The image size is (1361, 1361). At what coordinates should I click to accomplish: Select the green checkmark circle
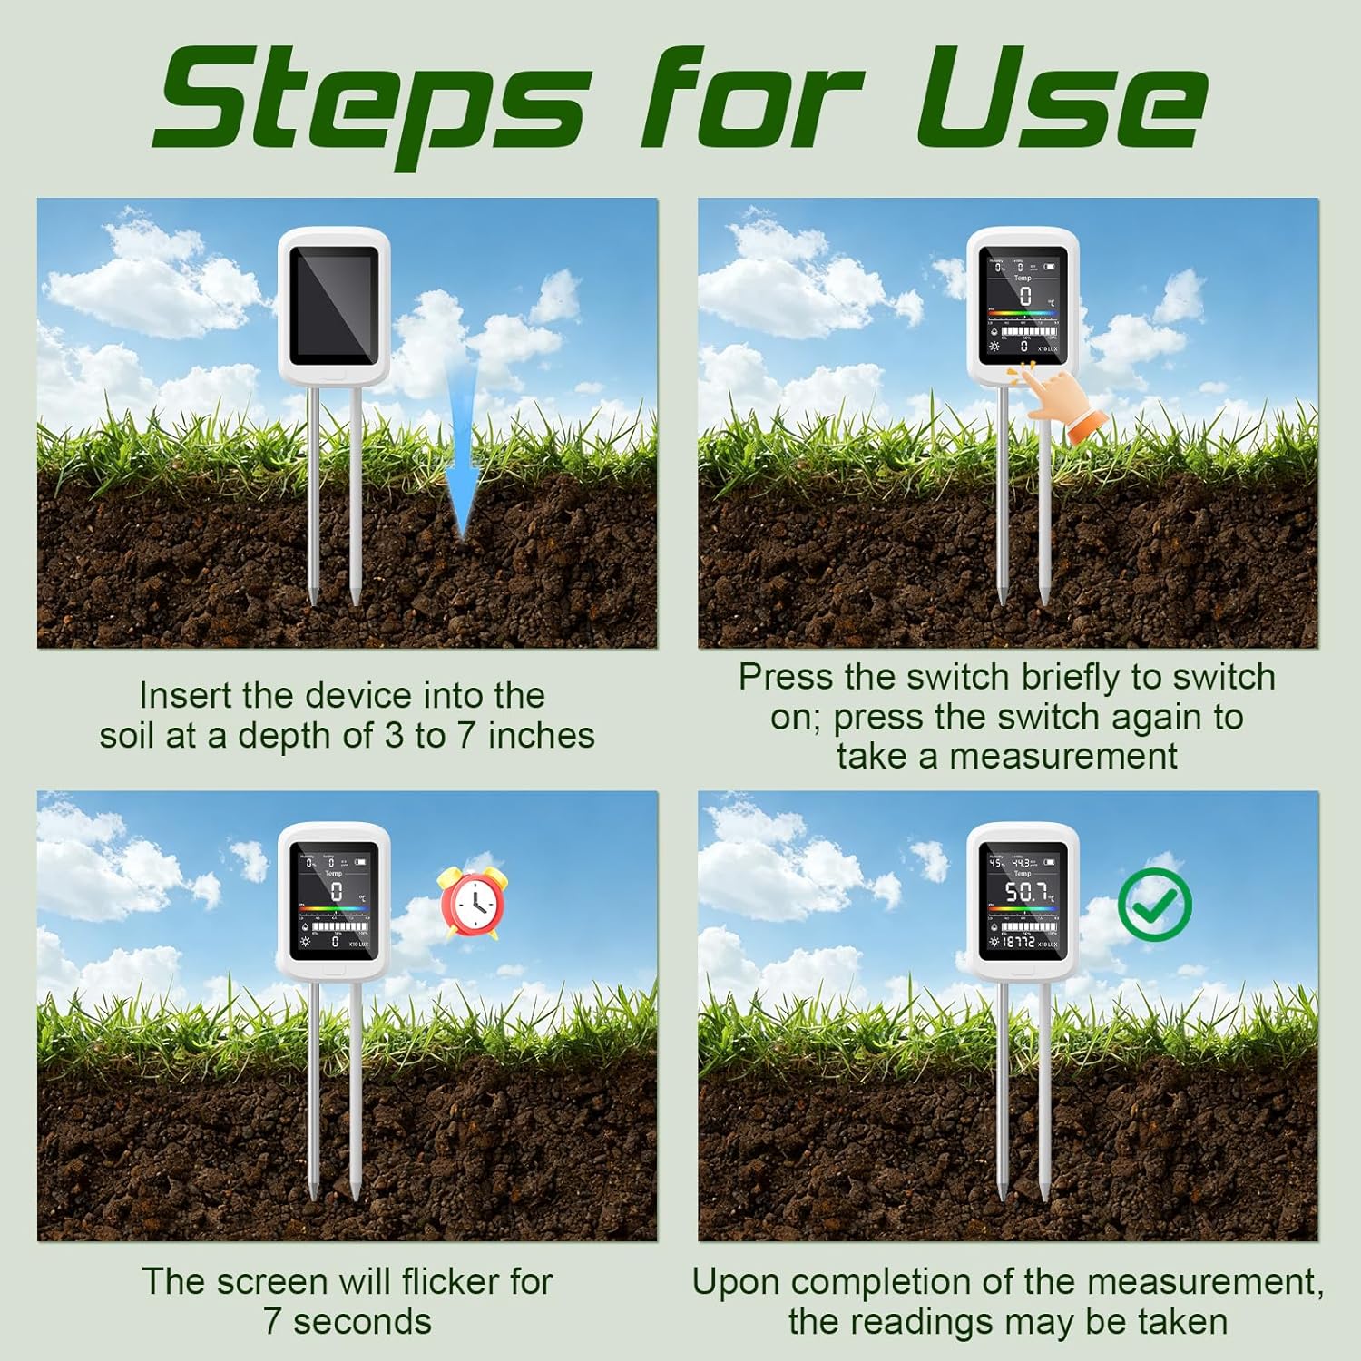(x=1154, y=905)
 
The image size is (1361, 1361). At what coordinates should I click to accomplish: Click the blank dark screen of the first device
(x=334, y=301)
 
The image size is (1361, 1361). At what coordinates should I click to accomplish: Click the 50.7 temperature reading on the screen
(x=1025, y=893)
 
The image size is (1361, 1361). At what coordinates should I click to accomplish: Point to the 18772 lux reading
(x=1018, y=943)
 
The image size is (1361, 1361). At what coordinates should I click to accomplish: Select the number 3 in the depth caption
(x=394, y=736)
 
